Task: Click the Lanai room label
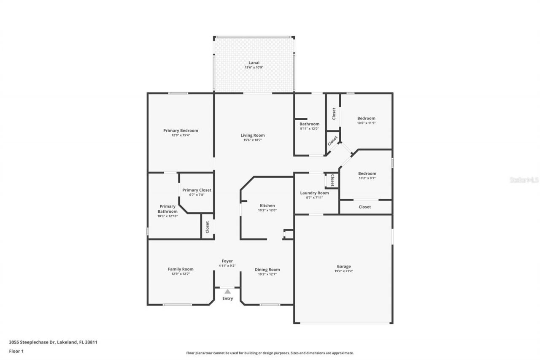point(254,62)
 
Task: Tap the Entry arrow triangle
point(227,291)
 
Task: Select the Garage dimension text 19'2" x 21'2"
point(343,271)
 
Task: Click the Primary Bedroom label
point(181,130)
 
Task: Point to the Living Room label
point(253,135)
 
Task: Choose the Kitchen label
point(267,206)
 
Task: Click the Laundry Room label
point(314,193)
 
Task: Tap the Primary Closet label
point(197,190)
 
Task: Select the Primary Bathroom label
point(167,209)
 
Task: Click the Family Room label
point(181,269)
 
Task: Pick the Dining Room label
point(267,270)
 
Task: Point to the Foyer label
point(227,261)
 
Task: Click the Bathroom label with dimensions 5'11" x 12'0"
point(309,124)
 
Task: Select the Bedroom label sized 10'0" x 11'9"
point(366,118)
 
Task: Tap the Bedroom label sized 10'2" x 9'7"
point(367,173)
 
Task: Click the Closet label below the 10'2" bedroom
point(364,207)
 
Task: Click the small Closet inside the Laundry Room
point(332,181)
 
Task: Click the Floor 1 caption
point(16,351)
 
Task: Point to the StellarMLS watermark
point(524,180)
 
